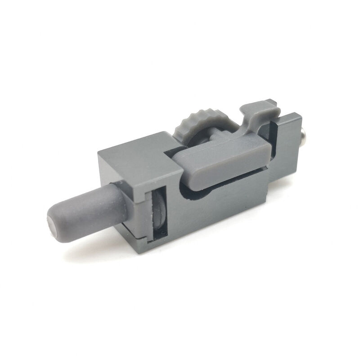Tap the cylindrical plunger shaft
[90, 207]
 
